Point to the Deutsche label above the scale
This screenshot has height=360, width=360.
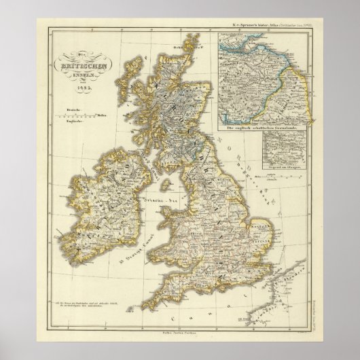(x=66, y=108)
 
